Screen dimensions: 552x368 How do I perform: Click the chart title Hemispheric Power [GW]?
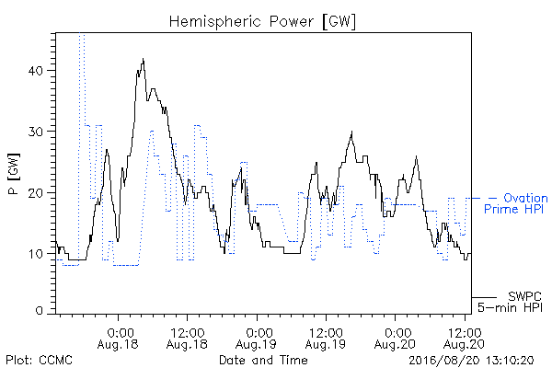click(262, 21)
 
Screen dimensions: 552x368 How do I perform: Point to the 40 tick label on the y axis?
click(35, 71)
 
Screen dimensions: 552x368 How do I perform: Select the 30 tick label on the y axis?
click(35, 132)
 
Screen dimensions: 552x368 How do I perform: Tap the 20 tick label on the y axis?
click(35, 192)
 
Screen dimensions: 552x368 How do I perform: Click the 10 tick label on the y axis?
click(36, 254)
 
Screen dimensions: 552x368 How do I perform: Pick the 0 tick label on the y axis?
click(39, 310)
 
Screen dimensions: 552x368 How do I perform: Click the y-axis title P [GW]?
click(15, 174)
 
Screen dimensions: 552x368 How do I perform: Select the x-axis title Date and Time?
click(263, 360)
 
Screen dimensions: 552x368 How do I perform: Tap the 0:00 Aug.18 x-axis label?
click(118, 339)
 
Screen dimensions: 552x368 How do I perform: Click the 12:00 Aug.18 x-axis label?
click(187, 339)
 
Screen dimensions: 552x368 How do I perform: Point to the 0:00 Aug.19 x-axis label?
click(257, 339)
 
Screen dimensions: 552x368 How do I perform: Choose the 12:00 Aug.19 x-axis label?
click(326, 339)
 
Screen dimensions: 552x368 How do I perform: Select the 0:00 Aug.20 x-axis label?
click(395, 339)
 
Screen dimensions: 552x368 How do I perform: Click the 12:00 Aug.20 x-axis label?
click(464, 339)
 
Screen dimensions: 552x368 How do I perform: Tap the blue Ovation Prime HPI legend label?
click(516, 203)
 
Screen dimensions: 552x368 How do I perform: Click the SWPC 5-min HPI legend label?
click(510, 302)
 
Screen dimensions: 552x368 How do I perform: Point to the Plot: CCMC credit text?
click(39, 361)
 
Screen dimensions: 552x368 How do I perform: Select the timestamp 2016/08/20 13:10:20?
click(471, 361)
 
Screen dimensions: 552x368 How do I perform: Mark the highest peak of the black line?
click(143, 59)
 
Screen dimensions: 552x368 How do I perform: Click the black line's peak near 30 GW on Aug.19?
click(351, 132)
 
